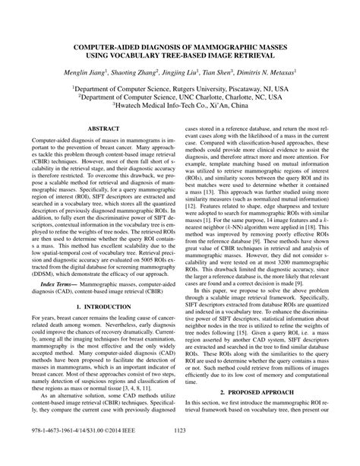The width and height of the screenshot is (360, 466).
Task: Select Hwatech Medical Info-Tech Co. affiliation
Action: click(x=168, y=107)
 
